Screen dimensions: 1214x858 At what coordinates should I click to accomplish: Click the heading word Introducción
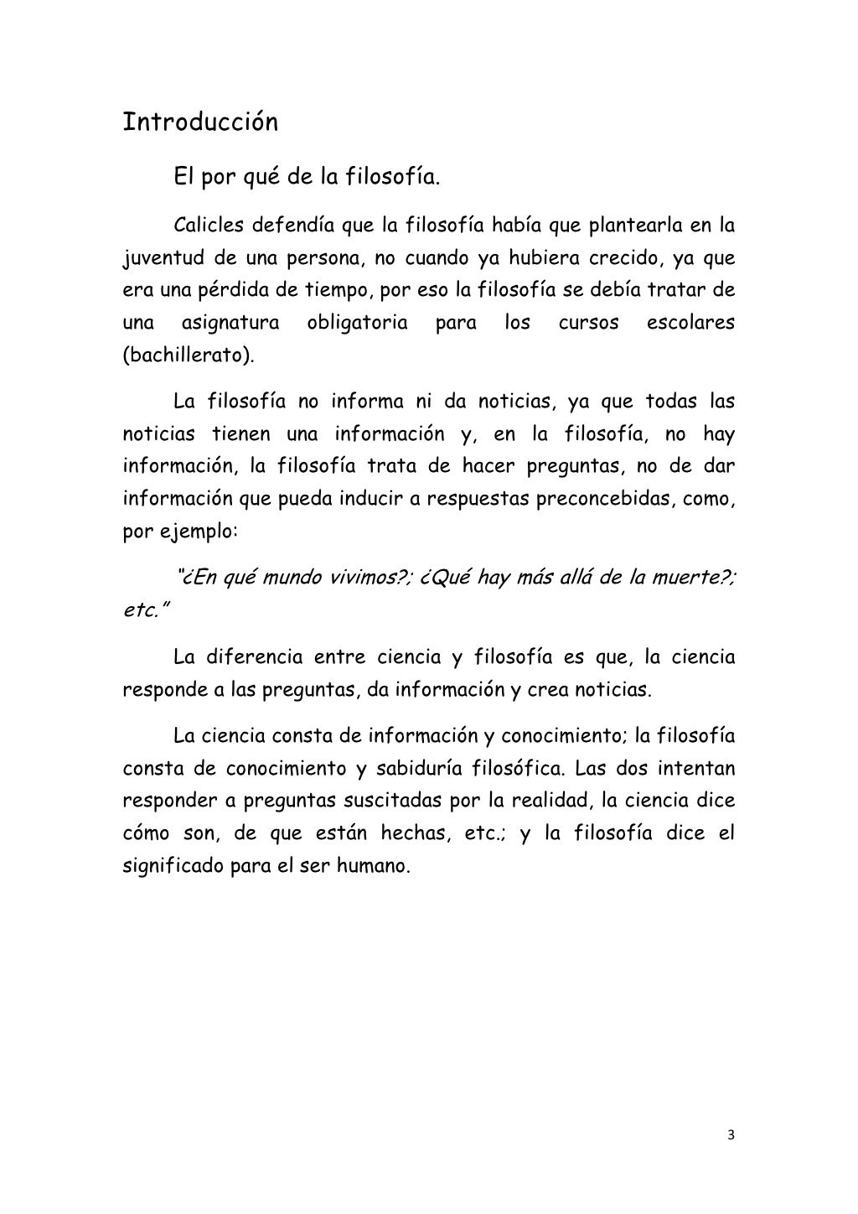pyautogui.click(x=200, y=122)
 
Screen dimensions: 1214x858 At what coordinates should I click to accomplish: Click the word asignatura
pyautogui.click(x=231, y=323)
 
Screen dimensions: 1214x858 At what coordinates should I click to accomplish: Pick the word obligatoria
pyautogui.click(x=357, y=323)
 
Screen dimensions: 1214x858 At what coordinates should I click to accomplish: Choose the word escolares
pyautogui.click(x=690, y=323)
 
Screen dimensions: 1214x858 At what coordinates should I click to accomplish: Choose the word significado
pyautogui.click(x=172, y=865)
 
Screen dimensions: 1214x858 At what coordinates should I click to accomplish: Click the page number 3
pyautogui.click(x=731, y=1136)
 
